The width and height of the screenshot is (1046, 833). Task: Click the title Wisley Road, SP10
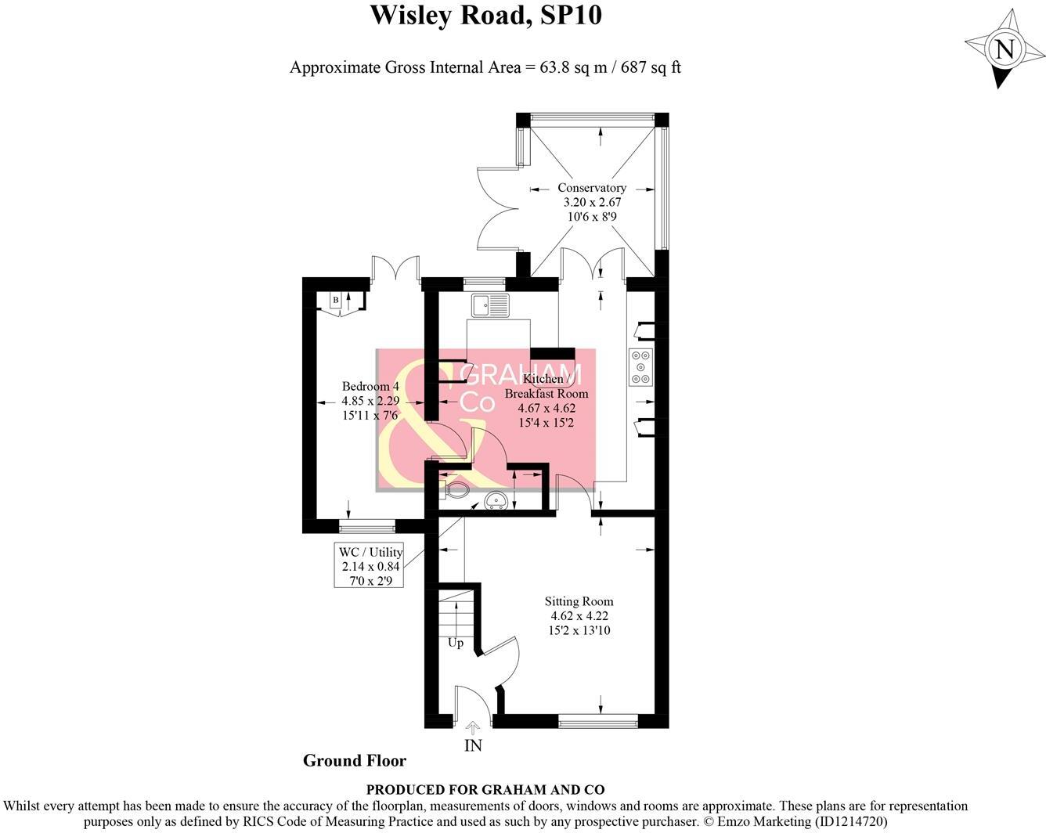click(485, 15)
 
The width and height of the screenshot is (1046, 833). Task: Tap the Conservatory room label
click(592, 188)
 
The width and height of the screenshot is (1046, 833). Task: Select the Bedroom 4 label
click(370, 387)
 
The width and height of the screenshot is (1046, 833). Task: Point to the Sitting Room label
click(579, 601)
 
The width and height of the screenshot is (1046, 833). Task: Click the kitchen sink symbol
click(490, 304)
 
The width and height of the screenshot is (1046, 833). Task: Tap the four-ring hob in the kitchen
click(640, 367)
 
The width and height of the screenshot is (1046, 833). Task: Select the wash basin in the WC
click(496, 500)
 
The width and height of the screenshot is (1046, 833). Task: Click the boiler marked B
click(336, 300)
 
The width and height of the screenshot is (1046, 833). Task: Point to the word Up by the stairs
click(455, 643)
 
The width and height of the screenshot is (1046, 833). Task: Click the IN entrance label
click(473, 745)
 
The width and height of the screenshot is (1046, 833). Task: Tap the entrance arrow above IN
click(473, 728)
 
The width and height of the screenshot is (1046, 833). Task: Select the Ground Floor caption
click(355, 760)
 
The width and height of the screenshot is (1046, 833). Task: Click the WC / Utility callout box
click(370, 566)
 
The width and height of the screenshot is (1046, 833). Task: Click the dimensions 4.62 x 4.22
click(579, 616)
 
